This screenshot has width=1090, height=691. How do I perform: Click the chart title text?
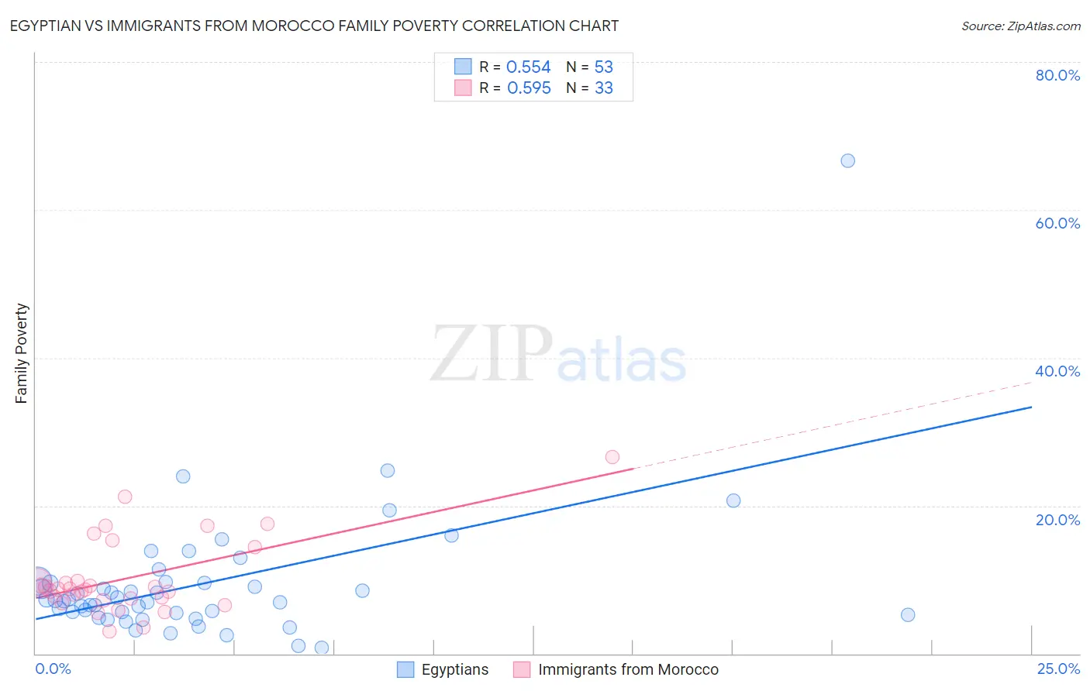pyautogui.click(x=314, y=26)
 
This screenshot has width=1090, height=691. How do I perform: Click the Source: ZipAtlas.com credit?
pyautogui.click(x=1020, y=26)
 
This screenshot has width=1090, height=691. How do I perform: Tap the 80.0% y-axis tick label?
pyautogui.click(x=1057, y=75)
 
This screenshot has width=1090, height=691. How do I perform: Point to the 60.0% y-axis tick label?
pyautogui.click(x=1057, y=223)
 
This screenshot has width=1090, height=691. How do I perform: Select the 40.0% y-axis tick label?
pyautogui.click(x=1057, y=371)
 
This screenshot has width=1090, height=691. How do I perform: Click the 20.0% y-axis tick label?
pyautogui.click(x=1057, y=520)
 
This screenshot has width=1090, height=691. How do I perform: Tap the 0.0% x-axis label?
pyautogui.click(x=53, y=669)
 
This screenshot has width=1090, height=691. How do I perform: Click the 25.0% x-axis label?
pyautogui.click(x=1058, y=669)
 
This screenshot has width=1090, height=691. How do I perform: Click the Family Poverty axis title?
pyautogui.click(x=21, y=353)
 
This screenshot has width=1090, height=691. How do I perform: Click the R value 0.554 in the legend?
pyautogui.click(x=528, y=67)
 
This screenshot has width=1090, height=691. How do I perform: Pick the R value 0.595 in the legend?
pyautogui.click(x=529, y=88)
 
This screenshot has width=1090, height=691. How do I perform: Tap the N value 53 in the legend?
pyautogui.click(x=603, y=67)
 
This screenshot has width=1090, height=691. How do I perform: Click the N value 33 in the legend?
pyautogui.click(x=603, y=88)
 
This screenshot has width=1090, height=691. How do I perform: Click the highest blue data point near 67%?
pyautogui.click(x=847, y=160)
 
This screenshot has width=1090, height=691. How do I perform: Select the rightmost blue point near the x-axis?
pyautogui.click(x=908, y=614)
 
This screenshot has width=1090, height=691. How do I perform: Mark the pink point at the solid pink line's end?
pyautogui.click(x=612, y=457)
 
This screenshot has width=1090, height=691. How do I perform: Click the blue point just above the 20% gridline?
pyautogui.click(x=733, y=500)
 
